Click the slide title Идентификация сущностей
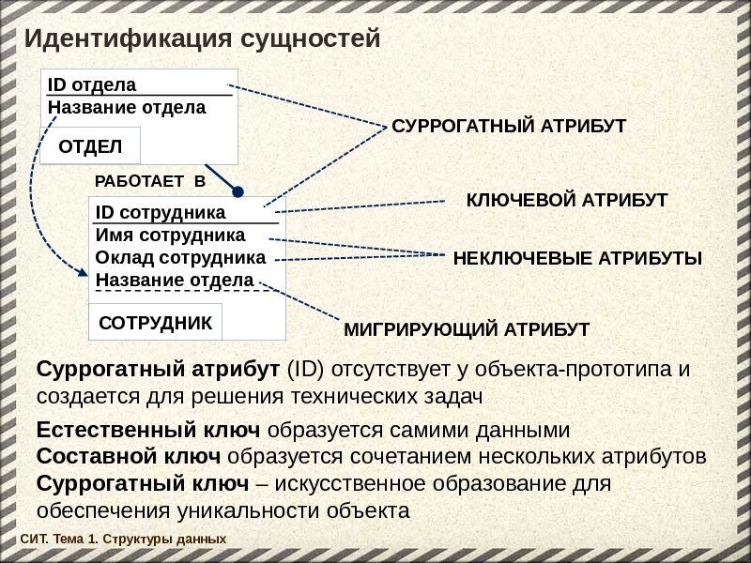click(x=202, y=40)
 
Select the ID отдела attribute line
click(x=92, y=85)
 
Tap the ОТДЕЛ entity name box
click(x=90, y=146)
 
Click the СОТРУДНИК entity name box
click(x=156, y=323)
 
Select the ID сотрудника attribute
click(x=161, y=213)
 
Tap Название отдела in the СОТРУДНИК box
click(x=175, y=280)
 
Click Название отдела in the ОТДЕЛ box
click(x=127, y=107)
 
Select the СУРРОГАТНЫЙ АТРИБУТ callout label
click(x=508, y=126)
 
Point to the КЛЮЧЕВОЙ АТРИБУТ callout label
click(x=567, y=201)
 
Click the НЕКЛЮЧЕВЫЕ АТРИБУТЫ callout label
click(x=577, y=258)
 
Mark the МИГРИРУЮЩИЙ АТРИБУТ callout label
click(x=467, y=329)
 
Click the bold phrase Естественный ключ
click(x=148, y=431)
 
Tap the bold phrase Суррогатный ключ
click(x=143, y=484)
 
